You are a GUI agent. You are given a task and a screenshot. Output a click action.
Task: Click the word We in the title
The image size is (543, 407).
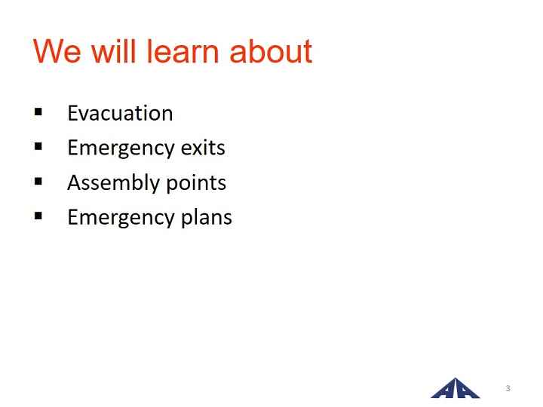57,51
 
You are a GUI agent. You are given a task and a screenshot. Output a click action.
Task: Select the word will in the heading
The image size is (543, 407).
113,50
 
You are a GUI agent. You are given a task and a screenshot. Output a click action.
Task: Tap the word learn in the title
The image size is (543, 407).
183,50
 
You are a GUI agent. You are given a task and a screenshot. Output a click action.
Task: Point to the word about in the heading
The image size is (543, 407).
271,51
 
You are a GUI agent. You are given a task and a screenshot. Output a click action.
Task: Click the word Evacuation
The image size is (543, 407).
120,113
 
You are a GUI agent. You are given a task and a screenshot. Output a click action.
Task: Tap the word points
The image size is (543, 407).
196,183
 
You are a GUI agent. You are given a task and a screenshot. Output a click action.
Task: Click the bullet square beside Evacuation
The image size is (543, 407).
38,112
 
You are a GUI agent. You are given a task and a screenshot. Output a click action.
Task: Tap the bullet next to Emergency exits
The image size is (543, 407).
38,147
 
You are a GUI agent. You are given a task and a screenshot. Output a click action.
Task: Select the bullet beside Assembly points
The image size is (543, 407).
38,182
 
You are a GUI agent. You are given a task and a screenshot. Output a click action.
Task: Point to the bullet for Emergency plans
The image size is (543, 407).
38,216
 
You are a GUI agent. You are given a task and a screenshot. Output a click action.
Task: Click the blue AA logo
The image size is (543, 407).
455,388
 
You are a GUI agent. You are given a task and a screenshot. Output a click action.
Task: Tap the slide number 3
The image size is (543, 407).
508,388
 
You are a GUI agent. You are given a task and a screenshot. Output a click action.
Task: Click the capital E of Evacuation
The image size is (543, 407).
72,113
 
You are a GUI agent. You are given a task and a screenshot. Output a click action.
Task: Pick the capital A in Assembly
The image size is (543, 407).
75,182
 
